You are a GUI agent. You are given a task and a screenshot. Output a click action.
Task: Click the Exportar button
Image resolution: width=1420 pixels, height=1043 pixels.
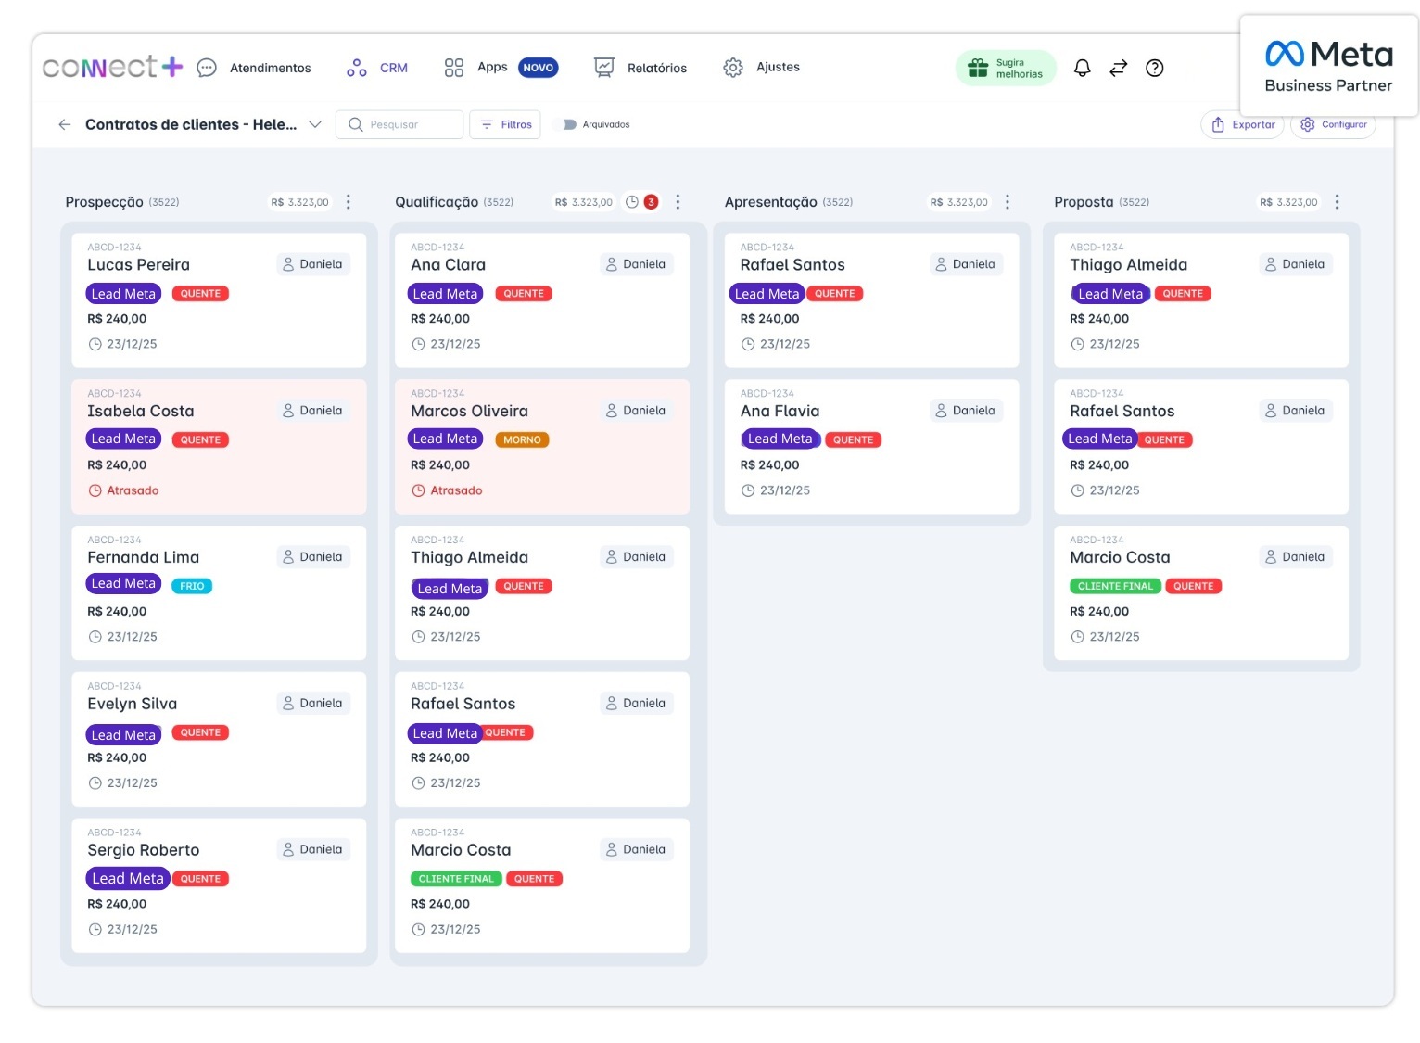pyautogui.click(x=1243, y=124)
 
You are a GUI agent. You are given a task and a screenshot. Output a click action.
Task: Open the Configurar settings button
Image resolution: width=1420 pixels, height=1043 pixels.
pyautogui.click(x=1334, y=124)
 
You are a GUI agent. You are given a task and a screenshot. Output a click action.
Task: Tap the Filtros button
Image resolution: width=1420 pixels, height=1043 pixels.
pyautogui.click(x=506, y=124)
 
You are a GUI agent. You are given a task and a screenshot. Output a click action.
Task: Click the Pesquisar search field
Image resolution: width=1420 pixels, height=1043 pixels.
pyautogui.click(x=400, y=124)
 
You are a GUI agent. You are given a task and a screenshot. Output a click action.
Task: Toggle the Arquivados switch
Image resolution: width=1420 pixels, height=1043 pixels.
pyautogui.click(x=569, y=124)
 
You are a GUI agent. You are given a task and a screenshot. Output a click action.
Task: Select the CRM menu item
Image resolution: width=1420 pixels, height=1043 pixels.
pyautogui.click(x=378, y=68)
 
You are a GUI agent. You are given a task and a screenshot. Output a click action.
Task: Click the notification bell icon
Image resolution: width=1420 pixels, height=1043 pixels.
pyautogui.click(x=1082, y=68)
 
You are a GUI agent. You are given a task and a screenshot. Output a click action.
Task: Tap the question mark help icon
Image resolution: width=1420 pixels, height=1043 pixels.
pyautogui.click(x=1154, y=68)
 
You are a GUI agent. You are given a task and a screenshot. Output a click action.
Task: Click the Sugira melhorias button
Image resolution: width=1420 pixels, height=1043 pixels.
pyautogui.click(x=1006, y=68)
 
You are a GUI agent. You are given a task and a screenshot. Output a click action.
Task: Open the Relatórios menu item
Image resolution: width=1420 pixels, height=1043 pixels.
pyautogui.click(x=641, y=68)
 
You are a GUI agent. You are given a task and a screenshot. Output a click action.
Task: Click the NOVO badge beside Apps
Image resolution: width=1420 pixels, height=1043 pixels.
pyautogui.click(x=538, y=68)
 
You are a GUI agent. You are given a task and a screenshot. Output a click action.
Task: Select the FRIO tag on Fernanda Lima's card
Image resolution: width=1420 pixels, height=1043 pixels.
pyautogui.click(x=192, y=586)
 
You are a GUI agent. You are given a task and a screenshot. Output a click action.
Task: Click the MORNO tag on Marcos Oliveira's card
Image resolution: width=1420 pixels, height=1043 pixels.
pyautogui.click(x=522, y=439)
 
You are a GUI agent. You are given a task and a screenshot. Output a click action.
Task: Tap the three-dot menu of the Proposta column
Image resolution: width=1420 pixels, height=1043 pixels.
pyautogui.click(x=1337, y=202)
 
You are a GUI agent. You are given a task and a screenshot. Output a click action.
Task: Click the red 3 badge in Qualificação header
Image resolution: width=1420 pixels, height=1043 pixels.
pyautogui.click(x=652, y=202)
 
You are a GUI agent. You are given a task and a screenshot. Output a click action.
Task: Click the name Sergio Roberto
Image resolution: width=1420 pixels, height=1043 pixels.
pyautogui.click(x=144, y=850)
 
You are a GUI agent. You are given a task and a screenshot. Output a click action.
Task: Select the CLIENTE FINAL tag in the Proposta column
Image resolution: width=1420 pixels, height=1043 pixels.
pyautogui.click(x=1115, y=586)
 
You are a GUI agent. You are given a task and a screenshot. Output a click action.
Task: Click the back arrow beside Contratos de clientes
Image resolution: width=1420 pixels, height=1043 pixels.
pyautogui.click(x=64, y=124)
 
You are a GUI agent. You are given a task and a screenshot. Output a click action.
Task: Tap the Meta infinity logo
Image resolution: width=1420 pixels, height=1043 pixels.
pyautogui.click(x=1285, y=54)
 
